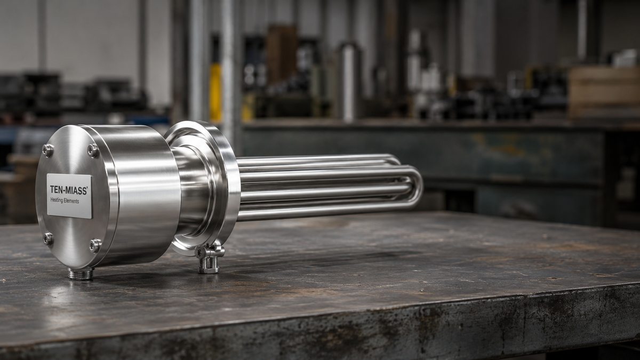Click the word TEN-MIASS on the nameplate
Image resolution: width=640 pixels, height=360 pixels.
pyautogui.click(x=69, y=190)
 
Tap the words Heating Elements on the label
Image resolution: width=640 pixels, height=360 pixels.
pyautogui.click(x=65, y=201)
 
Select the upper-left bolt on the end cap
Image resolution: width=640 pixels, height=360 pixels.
pyautogui.click(x=47, y=150)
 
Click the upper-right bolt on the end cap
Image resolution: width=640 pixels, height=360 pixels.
pyautogui.click(x=93, y=150)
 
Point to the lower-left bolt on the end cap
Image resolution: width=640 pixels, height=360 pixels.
pyautogui.click(x=48, y=239)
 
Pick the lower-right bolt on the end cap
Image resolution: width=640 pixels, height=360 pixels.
pyautogui.click(x=95, y=246)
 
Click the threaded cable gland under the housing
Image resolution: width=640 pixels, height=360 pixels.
pyautogui.click(x=81, y=274)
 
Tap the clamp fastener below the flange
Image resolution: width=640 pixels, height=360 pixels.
pyautogui.click(x=210, y=259)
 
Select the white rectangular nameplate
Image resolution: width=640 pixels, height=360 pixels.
pyautogui.click(x=69, y=196)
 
